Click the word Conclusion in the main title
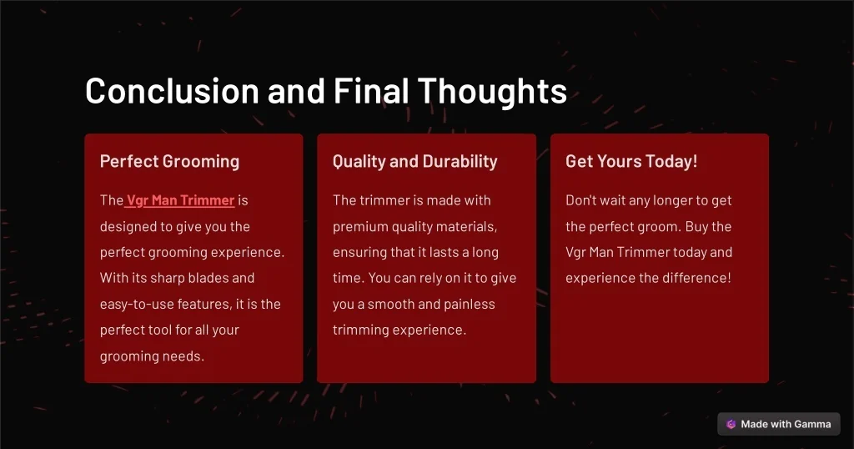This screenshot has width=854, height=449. tap(172, 90)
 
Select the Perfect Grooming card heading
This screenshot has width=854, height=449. tap(169, 161)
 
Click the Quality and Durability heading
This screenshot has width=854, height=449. tap(415, 161)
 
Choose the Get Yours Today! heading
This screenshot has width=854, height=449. tap(631, 161)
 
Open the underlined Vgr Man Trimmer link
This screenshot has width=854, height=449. tap(180, 200)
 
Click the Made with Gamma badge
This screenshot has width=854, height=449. tap(779, 424)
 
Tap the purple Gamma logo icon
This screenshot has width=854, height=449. tap(731, 424)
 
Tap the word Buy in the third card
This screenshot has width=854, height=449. tap(696, 227)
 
